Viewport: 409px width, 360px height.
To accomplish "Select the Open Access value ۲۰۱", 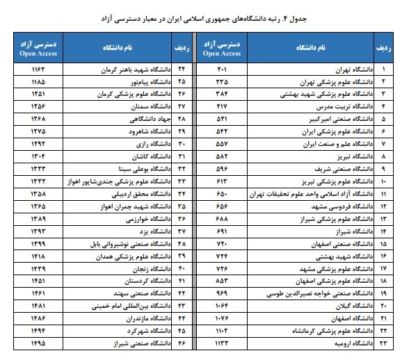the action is click(x=222, y=70).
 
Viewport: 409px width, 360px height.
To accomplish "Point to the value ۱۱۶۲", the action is click(x=39, y=70).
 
